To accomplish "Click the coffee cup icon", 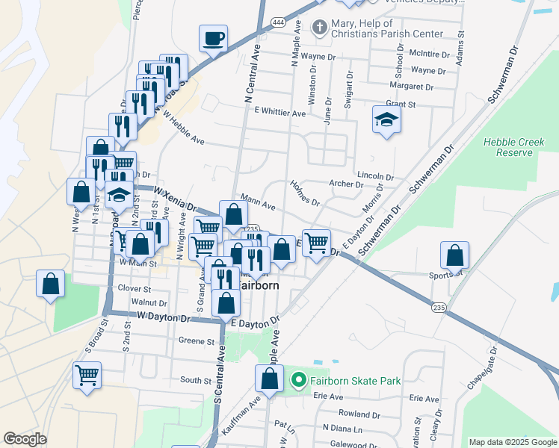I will pos(213,37).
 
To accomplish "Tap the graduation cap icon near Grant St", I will pos(386,119).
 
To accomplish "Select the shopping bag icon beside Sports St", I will pos(454,255).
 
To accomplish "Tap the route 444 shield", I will pos(277,20).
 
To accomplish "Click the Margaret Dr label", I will pos(413,87).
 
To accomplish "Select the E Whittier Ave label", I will pos(279,113).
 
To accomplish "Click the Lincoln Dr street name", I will pos(375,175).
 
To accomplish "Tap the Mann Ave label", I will pos(258,204).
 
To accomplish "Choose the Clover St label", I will pos(135,287).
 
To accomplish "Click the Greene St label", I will pos(197,341).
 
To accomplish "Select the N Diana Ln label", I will pos(342,429).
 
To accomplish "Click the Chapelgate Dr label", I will pos(480,371).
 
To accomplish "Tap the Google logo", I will pos(25,439).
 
